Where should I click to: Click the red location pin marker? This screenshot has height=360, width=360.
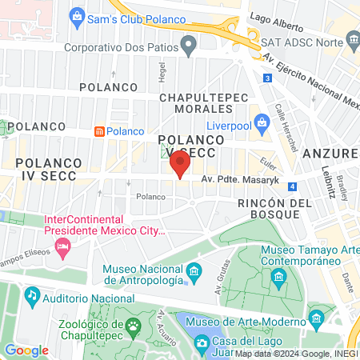coord(180,163)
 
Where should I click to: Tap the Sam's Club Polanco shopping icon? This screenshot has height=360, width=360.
coord(77,15)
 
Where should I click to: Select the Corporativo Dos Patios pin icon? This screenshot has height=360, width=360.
coord(189,47)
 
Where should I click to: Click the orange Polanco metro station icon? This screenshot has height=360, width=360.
coord(99,131)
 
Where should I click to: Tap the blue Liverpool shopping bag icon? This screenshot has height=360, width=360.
coord(262,122)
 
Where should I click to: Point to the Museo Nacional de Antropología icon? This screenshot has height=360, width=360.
coord(192,275)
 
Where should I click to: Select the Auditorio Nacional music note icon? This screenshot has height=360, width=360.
coord(32,295)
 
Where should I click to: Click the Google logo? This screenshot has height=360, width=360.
coord(26,350)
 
